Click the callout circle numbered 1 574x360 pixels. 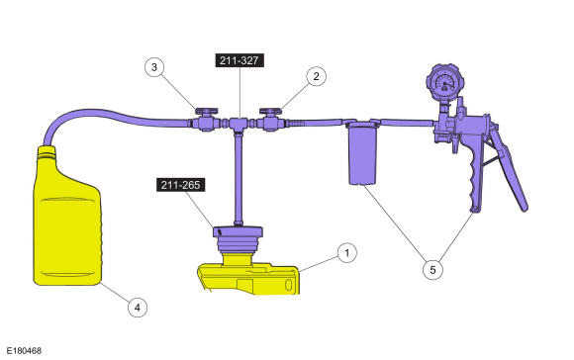click(x=346, y=252)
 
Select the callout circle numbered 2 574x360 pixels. click(x=316, y=76)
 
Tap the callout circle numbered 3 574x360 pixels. click(x=154, y=67)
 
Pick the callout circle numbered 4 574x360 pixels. click(x=138, y=308)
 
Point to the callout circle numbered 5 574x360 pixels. click(x=432, y=270)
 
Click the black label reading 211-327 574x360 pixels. click(x=239, y=60)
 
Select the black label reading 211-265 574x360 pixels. click(x=180, y=185)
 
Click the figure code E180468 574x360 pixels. click(x=24, y=351)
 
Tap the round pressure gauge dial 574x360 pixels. click(x=444, y=82)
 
